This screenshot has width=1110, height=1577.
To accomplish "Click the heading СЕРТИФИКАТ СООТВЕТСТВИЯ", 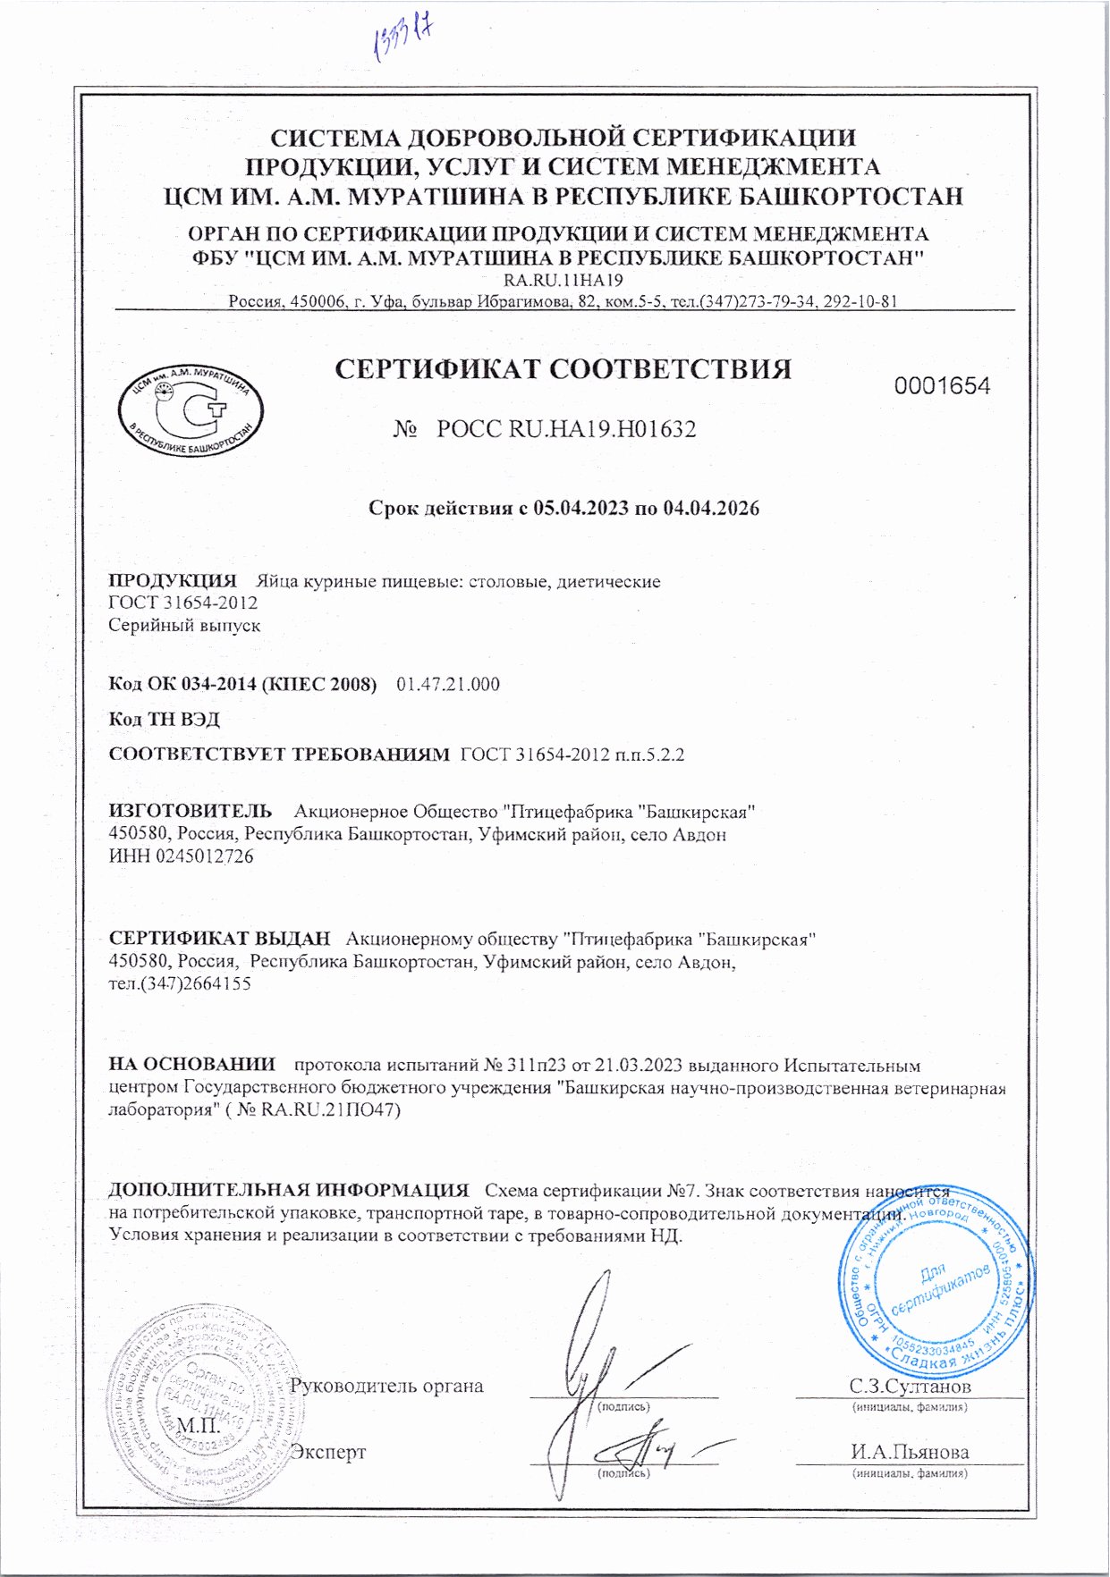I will tap(563, 369).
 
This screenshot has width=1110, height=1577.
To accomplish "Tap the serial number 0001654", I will tap(943, 386).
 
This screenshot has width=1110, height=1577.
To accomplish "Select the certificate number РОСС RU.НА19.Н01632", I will tap(566, 429).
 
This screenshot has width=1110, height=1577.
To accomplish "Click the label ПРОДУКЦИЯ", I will tap(173, 581).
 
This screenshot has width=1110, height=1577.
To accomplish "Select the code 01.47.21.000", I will tap(448, 685).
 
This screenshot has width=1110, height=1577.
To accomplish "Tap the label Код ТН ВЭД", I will tap(164, 720).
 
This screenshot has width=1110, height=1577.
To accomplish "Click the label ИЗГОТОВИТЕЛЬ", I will tap(191, 811).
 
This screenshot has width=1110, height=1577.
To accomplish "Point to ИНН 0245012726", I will tap(181, 856).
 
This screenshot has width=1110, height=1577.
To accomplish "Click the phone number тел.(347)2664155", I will tap(180, 983).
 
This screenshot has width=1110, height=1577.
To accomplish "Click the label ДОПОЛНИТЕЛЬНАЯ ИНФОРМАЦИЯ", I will tap(289, 1190).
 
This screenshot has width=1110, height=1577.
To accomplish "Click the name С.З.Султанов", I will tap(910, 1387).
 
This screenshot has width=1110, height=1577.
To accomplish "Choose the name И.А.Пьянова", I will tap(910, 1452).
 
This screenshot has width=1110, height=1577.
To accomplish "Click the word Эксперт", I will tap(329, 1452).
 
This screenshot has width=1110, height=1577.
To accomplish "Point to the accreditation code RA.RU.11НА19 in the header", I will tap(563, 280).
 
